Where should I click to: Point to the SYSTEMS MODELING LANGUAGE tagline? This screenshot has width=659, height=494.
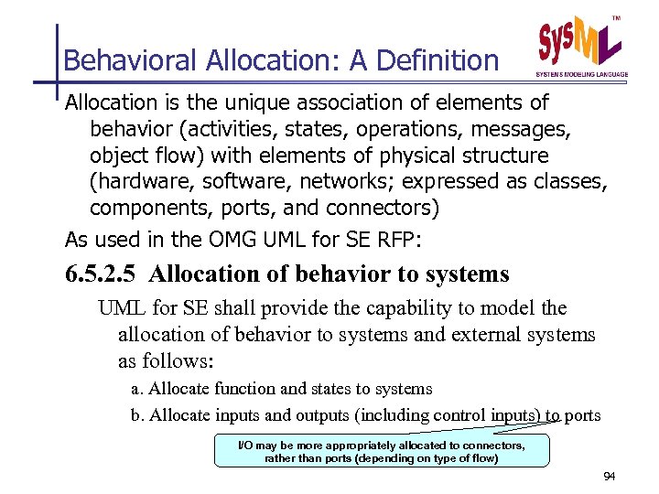coord(582,74)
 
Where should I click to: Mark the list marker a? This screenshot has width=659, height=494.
coord(137,389)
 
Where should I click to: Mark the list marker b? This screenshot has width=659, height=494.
coord(137,415)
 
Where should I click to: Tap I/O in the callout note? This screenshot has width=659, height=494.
coord(246,446)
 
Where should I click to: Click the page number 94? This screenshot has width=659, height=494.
coord(610,478)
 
